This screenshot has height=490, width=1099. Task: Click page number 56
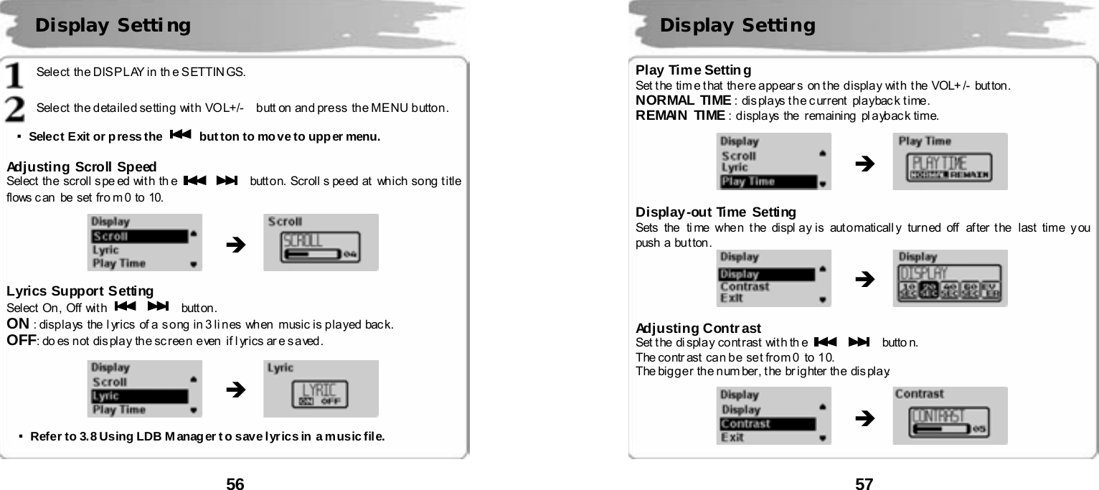pos(235,484)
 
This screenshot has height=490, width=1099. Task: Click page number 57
pos(864,484)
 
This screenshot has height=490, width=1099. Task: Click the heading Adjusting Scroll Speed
pos(82,167)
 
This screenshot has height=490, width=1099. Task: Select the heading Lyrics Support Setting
pos(80,291)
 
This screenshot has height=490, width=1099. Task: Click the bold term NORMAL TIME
pos(683,100)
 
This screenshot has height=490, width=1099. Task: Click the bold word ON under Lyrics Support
pos(17,324)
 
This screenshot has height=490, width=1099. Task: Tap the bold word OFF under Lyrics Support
pos(21,339)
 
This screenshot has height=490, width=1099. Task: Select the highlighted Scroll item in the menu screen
pos(138,236)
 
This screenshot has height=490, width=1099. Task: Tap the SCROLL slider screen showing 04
pos(321,242)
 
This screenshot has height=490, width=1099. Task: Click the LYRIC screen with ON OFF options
pos(320,389)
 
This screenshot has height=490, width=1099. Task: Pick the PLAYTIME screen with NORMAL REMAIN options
pos(950,162)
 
